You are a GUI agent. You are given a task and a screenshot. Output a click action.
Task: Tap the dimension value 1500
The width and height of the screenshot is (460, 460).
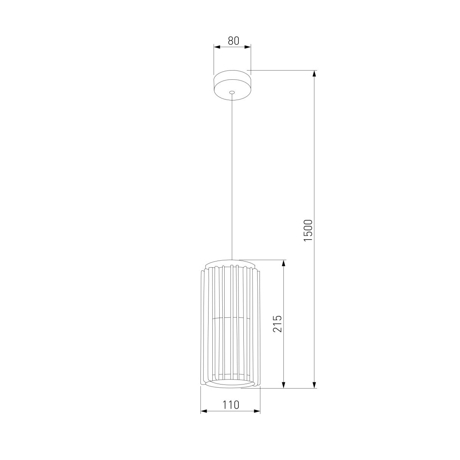[309, 230]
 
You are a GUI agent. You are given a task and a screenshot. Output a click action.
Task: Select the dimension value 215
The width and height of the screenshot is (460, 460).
[278, 324]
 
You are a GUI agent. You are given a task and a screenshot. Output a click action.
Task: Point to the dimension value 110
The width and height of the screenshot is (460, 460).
[230, 405]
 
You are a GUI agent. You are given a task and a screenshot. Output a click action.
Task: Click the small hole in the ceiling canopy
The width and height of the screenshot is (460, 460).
[232, 92]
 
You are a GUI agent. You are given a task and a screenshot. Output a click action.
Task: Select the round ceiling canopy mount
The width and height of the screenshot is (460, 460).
[232, 85]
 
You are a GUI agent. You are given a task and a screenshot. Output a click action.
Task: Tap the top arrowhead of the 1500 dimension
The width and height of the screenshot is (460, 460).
[314, 74]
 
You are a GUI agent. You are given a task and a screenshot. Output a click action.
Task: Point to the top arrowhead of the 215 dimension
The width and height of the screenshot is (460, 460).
[284, 263]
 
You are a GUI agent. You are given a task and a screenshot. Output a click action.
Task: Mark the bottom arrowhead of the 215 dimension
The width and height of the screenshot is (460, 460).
[284, 384]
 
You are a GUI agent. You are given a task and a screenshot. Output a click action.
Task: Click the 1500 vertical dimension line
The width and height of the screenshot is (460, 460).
[314, 153]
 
